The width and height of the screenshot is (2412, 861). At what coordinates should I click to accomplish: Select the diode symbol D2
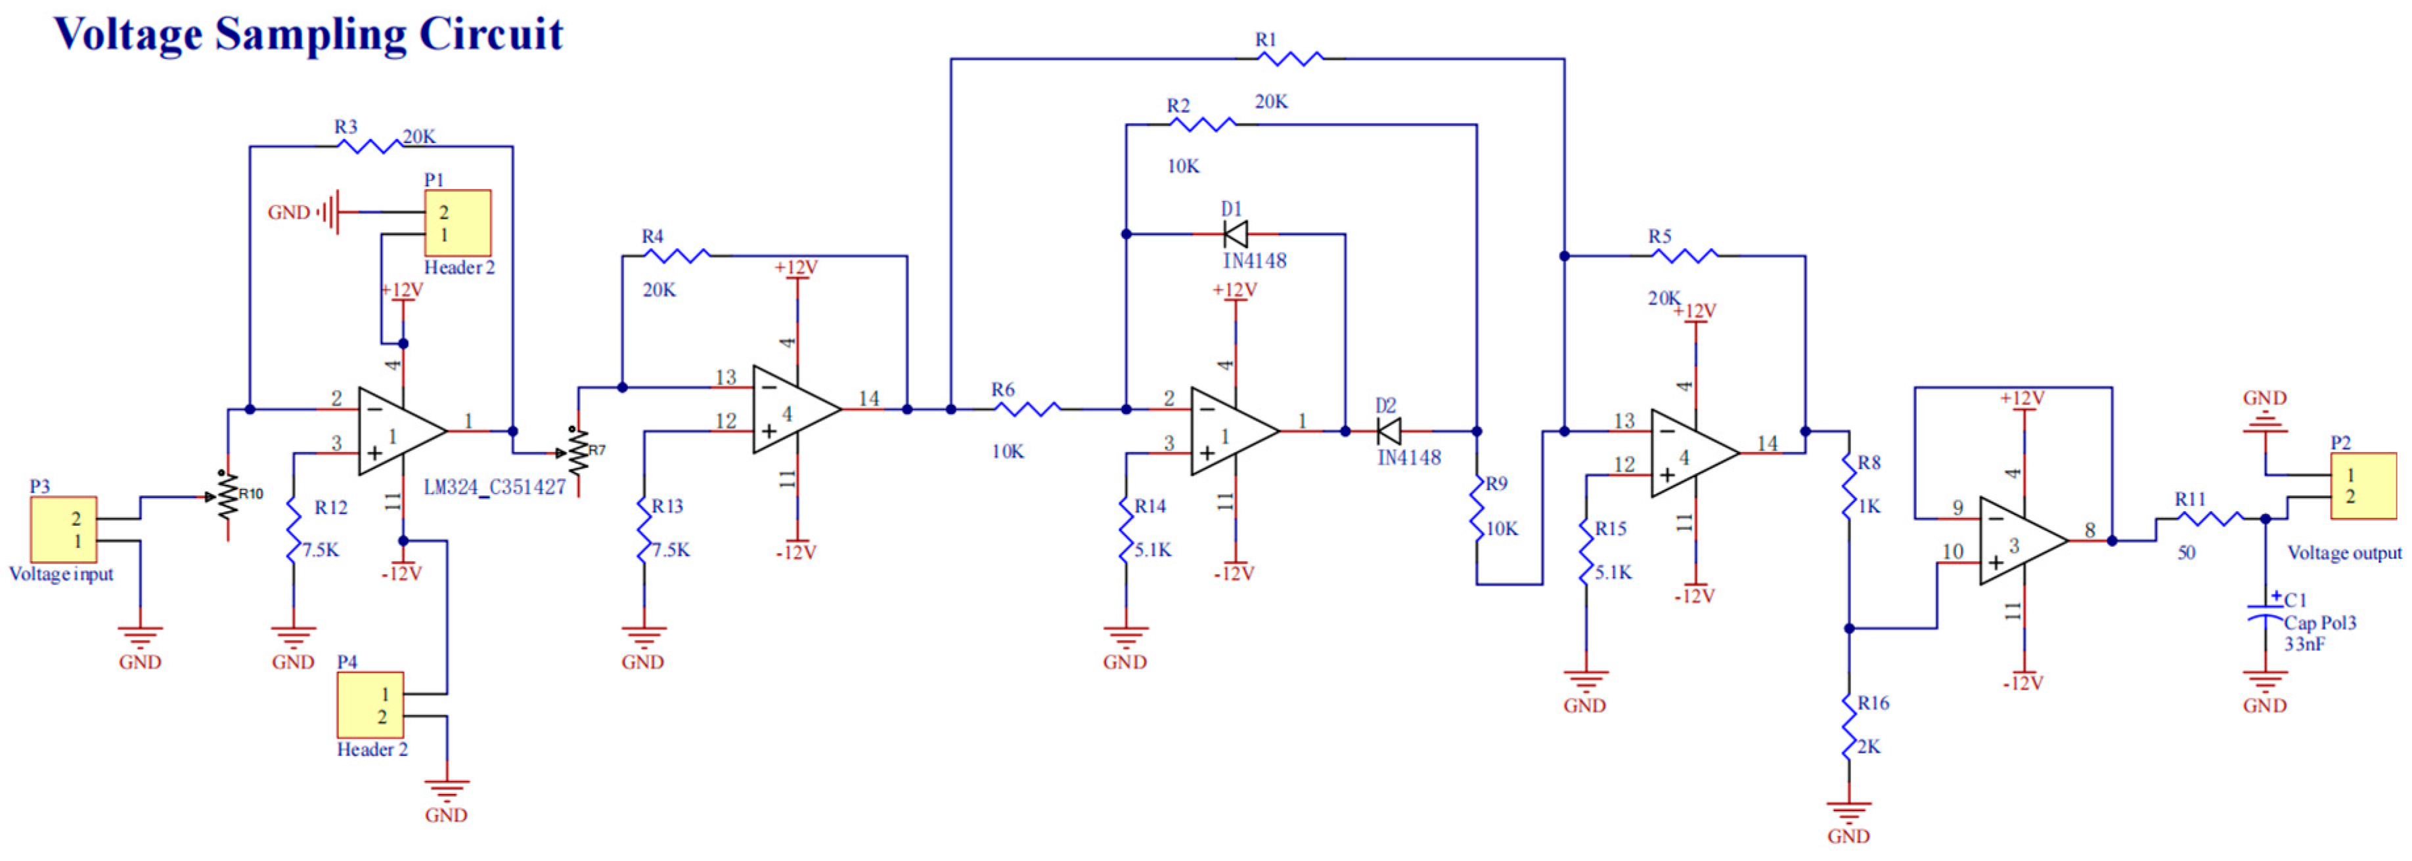coord(1389,431)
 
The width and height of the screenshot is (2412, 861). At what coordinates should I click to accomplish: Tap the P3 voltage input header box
coord(64,529)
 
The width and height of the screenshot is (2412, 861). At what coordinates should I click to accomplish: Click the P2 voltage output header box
coord(2363,486)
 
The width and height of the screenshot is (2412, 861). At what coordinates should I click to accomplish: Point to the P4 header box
coord(370,705)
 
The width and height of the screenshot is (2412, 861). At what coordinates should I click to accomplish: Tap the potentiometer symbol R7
coord(578,453)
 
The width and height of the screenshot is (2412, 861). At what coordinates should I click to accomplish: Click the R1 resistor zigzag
coord(1290,59)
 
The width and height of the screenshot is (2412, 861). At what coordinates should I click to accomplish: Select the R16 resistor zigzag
coord(1849,725)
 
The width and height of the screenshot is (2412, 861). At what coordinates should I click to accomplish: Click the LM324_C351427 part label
coord(495,487)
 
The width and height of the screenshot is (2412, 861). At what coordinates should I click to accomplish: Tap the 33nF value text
coord(2304,644)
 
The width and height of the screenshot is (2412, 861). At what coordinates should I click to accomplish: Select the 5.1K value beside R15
coord(1613,572)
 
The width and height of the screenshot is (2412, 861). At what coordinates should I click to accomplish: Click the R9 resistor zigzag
coord(1477,507)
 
